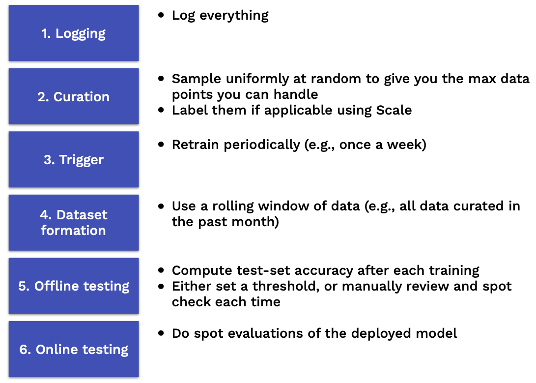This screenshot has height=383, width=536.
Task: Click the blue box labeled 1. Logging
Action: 74,33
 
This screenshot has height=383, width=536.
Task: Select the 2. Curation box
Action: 74,96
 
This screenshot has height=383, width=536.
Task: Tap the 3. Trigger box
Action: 74,159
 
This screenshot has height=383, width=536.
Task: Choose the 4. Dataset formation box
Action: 74,223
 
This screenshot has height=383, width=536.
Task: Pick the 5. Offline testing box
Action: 74,286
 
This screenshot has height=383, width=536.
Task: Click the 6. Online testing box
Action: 74,349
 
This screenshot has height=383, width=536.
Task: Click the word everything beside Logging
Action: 234,16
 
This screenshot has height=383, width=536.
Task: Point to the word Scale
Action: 394,110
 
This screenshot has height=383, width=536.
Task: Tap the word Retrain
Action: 195,145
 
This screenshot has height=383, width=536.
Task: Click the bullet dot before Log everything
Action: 161,15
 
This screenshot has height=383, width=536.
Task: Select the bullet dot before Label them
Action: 161,110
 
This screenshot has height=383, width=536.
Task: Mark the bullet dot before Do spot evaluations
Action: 161,333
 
